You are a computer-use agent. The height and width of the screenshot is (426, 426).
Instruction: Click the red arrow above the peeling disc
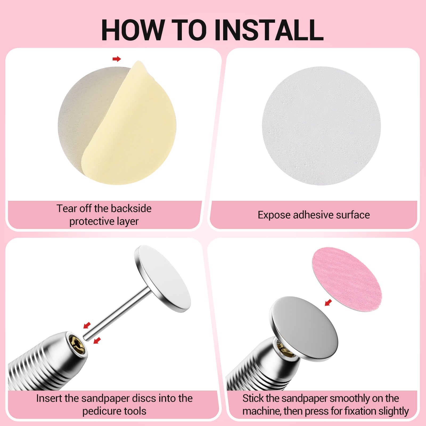pyautogui.click(x=117, y=59)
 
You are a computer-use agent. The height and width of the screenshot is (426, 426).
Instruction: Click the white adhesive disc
pyautogui.click(x=321, y=126)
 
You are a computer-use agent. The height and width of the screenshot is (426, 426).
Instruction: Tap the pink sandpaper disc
pyautogui.click(x=347, y=278)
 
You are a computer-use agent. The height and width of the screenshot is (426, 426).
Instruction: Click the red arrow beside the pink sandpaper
pyautogui.click(x=328, y=302)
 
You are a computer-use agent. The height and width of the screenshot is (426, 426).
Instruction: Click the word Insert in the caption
pyautogui.click(x=49, y=398)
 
